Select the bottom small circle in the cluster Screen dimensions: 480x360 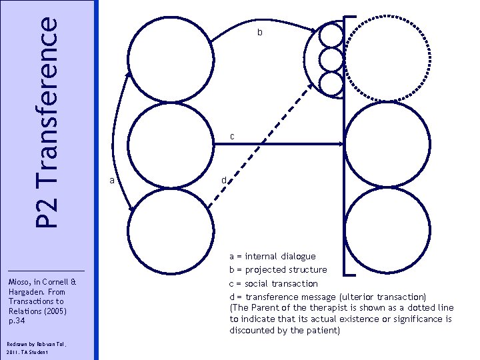331,83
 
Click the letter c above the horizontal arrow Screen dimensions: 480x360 231,136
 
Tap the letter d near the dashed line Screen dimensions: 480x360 225,179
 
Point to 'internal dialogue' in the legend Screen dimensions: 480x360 281,256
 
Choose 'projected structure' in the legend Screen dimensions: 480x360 286,270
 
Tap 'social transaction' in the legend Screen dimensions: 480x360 281,283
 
